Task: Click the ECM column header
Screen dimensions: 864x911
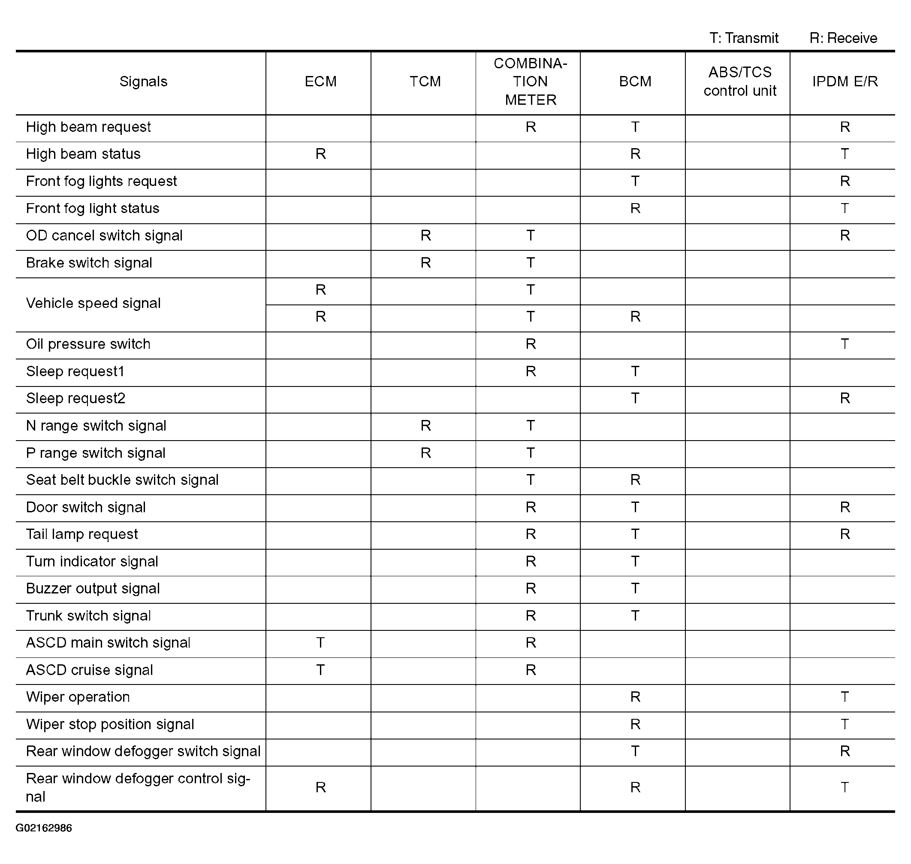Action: pos(320,82)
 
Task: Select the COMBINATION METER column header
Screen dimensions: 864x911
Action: pos(530,82)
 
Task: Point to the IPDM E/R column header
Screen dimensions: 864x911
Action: pos(845,82)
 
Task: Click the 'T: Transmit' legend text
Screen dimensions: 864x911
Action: pos(744,38)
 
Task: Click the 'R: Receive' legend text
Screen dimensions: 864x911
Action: pos(843,38)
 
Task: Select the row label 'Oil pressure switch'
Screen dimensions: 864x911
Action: pos(88,344)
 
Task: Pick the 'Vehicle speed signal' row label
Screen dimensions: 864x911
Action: pos(93,303)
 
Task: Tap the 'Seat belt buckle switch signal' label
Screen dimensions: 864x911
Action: pos(122,480)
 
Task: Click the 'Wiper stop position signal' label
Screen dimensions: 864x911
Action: pos(110,724)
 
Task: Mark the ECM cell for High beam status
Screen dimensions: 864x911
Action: pos(320,154)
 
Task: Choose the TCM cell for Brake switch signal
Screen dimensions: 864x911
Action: pos(425,262)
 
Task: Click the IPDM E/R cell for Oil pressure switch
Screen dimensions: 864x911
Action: pos(845,344)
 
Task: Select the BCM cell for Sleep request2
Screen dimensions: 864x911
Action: pos(635,399)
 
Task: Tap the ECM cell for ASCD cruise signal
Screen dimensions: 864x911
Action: pos(320,669)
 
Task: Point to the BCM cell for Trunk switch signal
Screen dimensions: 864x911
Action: pos(635,616)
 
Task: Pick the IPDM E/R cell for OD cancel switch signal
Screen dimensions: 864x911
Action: pos(845,235)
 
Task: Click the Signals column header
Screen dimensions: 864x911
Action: pos(143,82)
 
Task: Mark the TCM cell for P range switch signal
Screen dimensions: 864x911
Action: pos(425,453)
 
